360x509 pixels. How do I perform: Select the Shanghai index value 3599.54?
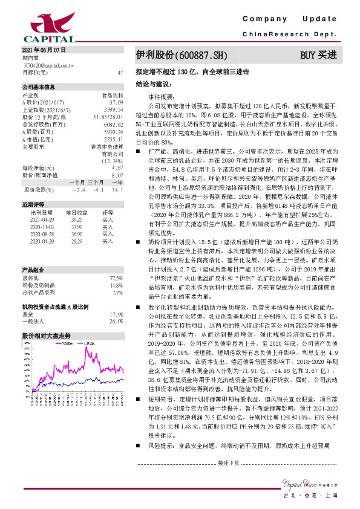[114, 109]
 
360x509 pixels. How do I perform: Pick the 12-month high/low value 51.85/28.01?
[109, 116]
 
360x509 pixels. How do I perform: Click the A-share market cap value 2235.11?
[114, 138]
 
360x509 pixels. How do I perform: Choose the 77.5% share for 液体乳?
[116, 261]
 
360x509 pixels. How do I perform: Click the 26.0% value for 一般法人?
[116, 322]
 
